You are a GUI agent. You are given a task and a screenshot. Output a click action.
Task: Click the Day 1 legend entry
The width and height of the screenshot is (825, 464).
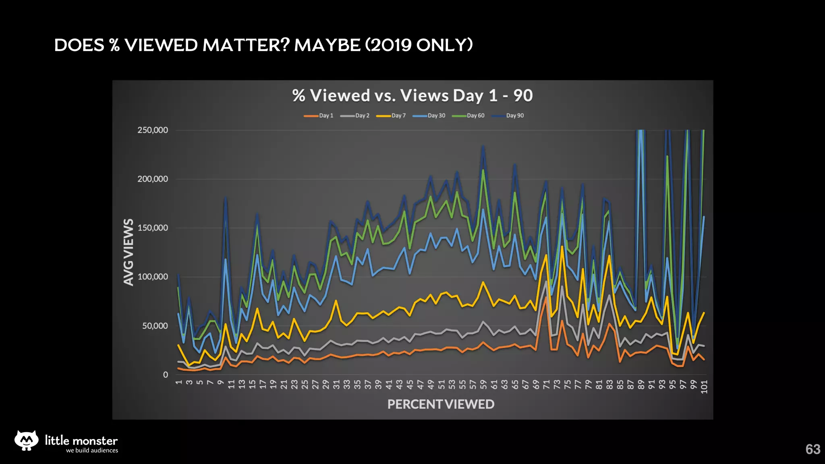coord(319,116)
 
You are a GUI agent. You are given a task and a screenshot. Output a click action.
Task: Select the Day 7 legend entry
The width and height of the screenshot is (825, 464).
coord(391,116)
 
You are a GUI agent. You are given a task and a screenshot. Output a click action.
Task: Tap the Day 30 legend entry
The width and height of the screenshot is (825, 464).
coord(429,116)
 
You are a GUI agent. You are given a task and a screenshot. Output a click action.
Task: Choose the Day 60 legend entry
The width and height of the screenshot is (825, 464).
coord(468,116)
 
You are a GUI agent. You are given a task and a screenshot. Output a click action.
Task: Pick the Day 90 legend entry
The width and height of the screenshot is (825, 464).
coord(508,116)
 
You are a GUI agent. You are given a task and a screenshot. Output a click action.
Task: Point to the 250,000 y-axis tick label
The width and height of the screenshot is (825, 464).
coord(153,130)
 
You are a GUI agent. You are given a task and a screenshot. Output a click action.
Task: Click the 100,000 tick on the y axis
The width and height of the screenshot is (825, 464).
coord(153,277)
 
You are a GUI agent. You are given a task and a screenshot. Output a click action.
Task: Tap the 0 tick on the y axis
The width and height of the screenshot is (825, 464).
coord(165,375)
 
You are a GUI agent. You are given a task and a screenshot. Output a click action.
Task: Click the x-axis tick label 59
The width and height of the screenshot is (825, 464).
coord(483,385)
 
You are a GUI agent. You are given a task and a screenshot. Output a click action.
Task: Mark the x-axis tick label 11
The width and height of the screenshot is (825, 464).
coord(231,385)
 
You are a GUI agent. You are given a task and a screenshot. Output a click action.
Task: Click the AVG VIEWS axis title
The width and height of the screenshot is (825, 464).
coord(129,252)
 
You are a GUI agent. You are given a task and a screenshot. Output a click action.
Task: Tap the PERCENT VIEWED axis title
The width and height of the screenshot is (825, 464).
coord(441,404)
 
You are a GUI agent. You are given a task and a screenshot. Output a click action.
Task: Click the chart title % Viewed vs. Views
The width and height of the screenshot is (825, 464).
coord(412,95)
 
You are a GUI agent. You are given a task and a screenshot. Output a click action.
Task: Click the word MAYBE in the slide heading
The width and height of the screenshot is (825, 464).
coord(327,45)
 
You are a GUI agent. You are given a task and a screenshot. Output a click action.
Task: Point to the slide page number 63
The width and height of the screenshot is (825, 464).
coord(813,449)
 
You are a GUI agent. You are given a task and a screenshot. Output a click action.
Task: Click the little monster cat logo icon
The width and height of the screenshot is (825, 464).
coord(26,440)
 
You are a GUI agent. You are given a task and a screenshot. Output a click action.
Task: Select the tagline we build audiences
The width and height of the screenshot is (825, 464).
coord(92,450)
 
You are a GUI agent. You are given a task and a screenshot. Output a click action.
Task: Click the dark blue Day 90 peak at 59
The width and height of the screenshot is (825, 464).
coord(483,147)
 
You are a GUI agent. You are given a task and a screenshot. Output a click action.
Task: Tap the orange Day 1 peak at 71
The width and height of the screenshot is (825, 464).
coord(546,297)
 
